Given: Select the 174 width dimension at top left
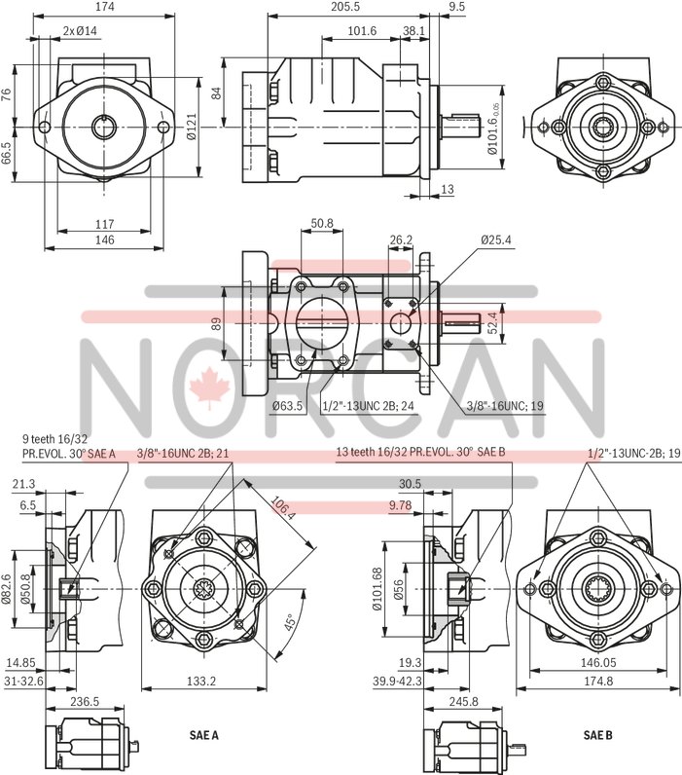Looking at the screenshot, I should click(106, 8).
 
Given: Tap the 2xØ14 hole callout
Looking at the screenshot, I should click(81, 30).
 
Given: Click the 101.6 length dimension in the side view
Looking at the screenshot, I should click(362, 30).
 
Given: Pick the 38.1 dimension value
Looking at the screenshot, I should click(413, 30).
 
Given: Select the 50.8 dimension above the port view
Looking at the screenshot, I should click(322, 223).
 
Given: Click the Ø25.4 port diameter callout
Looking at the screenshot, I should click(497, 239).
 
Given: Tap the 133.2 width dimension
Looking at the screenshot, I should click(201, 681).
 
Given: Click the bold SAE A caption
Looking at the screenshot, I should click(202, 736).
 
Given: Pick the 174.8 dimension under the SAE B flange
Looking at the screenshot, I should click(596, 681).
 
